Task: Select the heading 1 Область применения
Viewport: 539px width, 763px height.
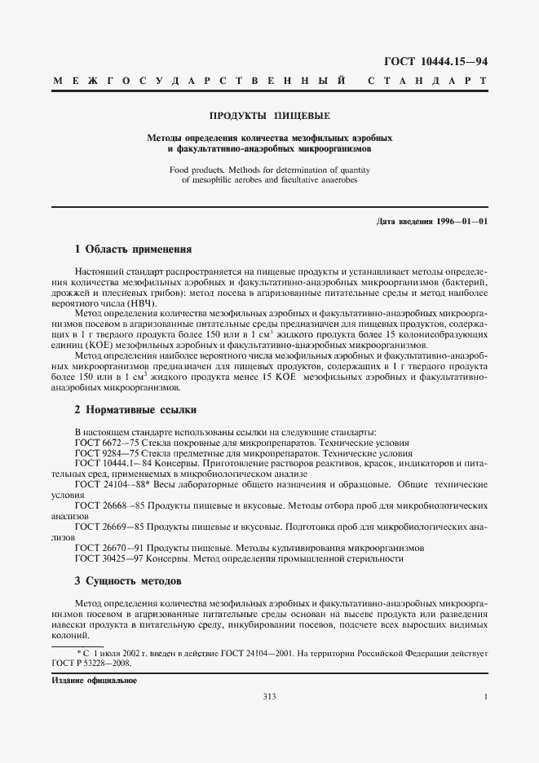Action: pyautogui.click(x=133, y=249)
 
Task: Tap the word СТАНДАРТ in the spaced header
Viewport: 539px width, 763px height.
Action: pyautogui.click(x=427, y=82)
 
